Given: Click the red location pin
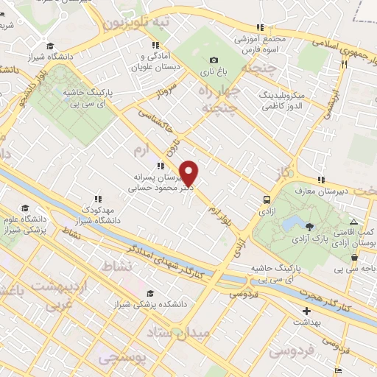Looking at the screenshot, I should pyautogui.click(x=189, y=172).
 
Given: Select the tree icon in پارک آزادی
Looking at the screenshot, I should pyautogui.click(x=310, y=226).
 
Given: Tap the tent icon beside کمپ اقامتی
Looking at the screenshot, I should pyautogui.click(x=354, y=222).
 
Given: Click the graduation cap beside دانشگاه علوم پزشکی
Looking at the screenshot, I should pyautogui.click(x=25, y=208).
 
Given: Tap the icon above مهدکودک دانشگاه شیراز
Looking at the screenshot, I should pyautogui.click(x=97, y=199).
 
